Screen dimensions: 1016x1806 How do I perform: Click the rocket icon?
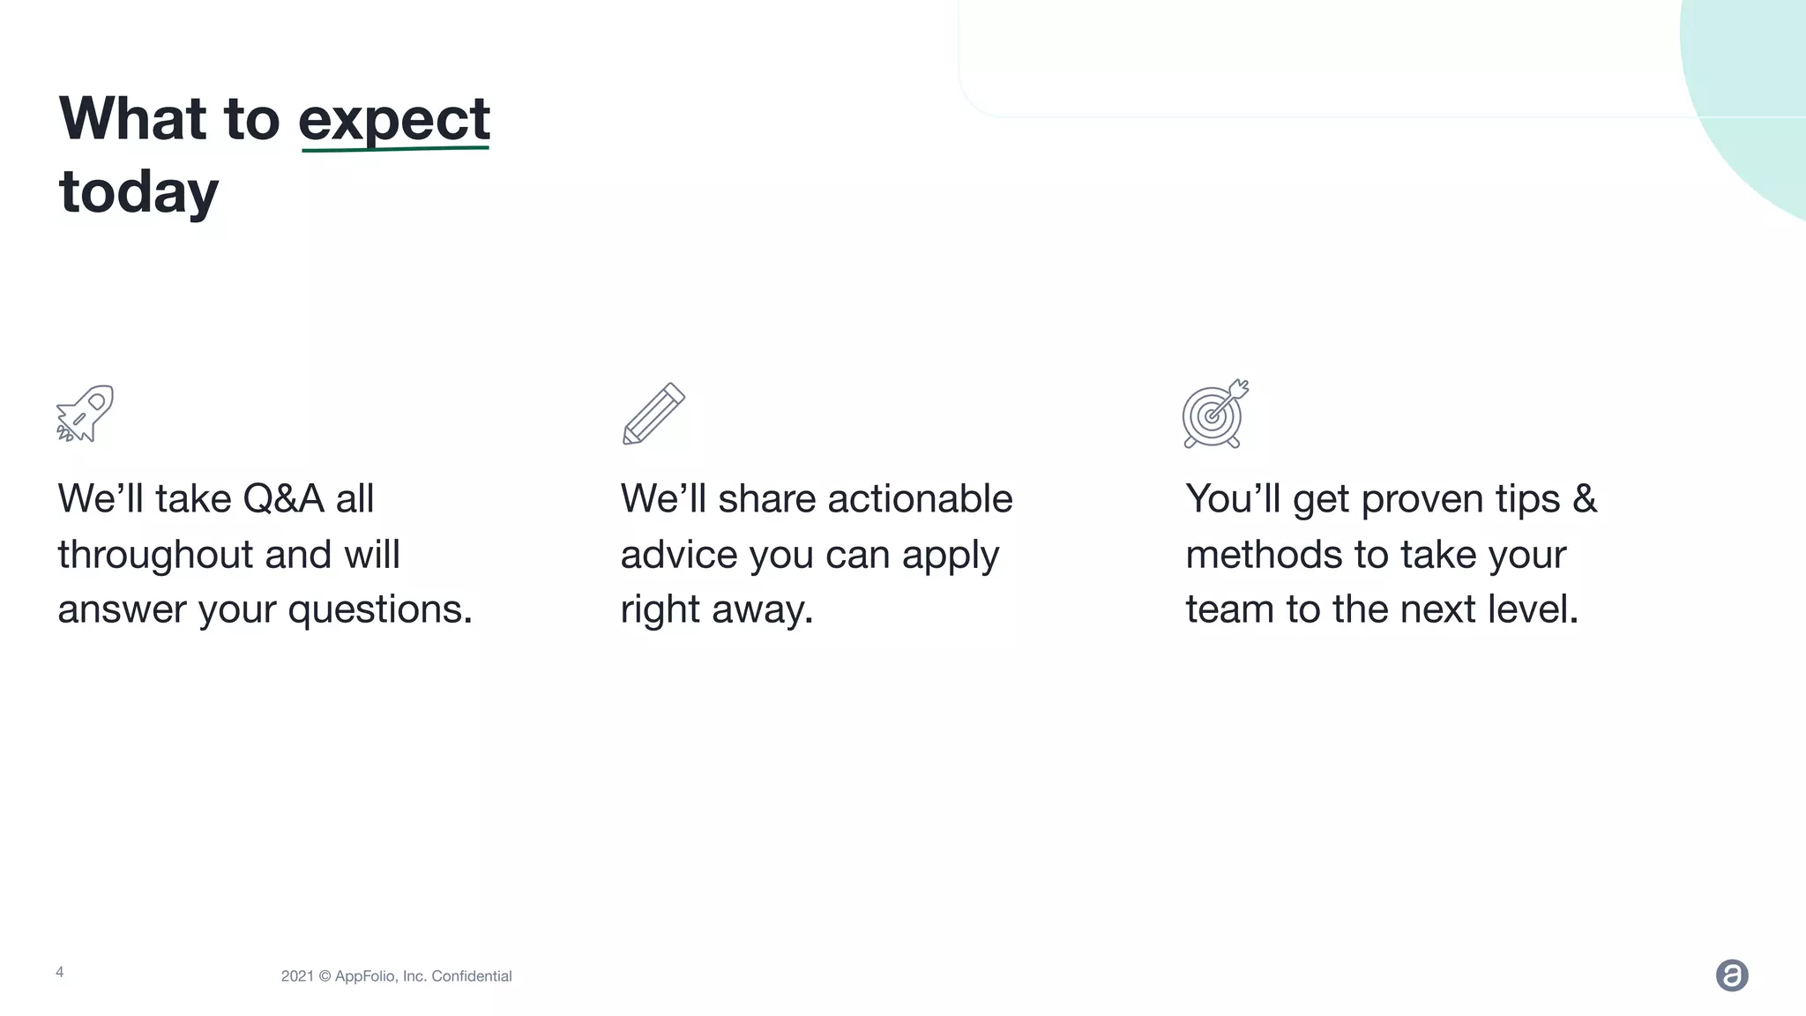86,413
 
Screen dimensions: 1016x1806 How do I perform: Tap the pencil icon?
653,414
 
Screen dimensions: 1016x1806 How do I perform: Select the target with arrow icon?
1215,414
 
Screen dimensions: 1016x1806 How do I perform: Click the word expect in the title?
394,119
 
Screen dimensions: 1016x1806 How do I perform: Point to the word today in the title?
138,192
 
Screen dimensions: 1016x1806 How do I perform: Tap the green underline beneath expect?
394,150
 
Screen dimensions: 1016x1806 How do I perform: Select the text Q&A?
283,499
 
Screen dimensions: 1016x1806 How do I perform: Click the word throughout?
155,555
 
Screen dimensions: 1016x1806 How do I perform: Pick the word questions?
380,609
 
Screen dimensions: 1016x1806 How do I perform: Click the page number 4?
60,972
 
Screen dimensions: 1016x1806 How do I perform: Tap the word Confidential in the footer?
471,976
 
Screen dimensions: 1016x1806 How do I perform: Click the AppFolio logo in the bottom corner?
1732,975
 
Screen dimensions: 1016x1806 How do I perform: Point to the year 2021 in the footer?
297,976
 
